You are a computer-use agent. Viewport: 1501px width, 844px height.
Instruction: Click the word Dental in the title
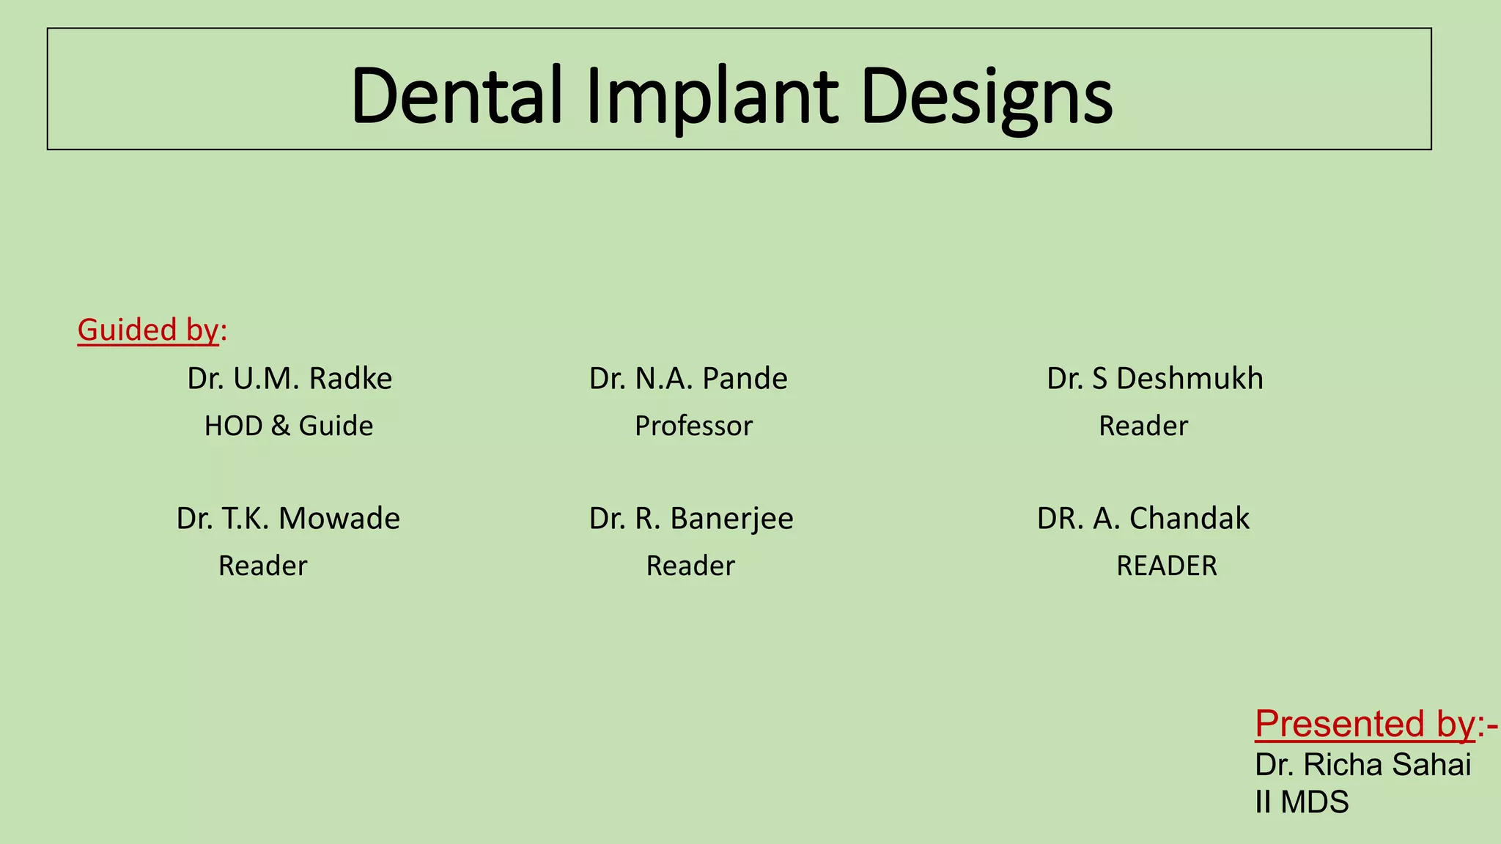pos(456,95)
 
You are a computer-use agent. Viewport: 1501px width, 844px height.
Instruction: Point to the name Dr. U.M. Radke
pos(289,379)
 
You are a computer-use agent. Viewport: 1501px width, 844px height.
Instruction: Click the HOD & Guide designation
pos(288,426)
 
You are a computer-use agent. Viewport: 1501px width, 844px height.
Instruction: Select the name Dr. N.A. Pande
pos(688,379)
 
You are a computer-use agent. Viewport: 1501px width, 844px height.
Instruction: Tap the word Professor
pos(693,426)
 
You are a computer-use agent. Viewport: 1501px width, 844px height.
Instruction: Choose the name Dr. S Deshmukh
pos(1154,379)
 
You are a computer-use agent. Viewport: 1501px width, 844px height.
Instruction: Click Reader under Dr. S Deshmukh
pos(1143,426)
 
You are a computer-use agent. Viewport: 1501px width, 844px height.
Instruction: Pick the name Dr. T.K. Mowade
pos(288,519)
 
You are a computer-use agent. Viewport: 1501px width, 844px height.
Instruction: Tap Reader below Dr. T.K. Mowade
pos(262,566)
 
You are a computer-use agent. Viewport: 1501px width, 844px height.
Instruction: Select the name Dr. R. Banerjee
pos(691,519)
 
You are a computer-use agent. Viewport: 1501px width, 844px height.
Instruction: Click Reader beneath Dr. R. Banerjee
pos(690,566)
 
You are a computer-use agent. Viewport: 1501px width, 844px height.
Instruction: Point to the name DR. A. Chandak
pos(1143,519)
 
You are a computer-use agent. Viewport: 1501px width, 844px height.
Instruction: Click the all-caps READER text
pos(1166,566)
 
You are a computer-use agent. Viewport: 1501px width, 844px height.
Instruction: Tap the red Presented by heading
pos(1365,724)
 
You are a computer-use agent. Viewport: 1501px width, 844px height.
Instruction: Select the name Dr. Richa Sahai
pos(1362,765)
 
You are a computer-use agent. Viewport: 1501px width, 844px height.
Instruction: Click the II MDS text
pos(1301,802)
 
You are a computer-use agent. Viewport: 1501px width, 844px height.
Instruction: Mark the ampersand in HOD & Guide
pos(280,426)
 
